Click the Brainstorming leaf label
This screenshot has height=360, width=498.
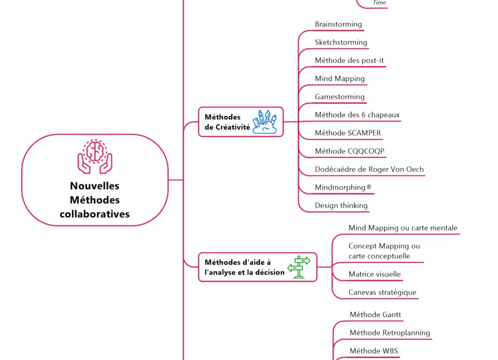point(339,24)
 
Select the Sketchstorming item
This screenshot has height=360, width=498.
point(341,42)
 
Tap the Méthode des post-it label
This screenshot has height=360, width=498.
point(349,60)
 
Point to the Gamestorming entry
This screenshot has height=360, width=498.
point(340,97)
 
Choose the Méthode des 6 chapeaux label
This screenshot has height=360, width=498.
point(357,115)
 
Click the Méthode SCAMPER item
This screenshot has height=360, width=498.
point(348,133)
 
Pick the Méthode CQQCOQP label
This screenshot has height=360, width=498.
point(349,151)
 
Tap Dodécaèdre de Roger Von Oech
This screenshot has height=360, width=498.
point(369,169)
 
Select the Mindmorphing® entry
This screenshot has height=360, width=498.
point(343,187)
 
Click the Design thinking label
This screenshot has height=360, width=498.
point(341,205)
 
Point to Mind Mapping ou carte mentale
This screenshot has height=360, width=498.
point(403,228)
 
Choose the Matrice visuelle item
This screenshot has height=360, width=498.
point(374,274)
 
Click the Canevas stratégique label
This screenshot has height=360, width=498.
point(382,292)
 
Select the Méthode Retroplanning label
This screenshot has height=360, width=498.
point(390,333)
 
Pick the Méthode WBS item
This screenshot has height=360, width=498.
point(374,351)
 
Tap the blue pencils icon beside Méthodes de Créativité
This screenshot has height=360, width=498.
point(266,122)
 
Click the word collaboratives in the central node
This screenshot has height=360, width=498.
point(95,214)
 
